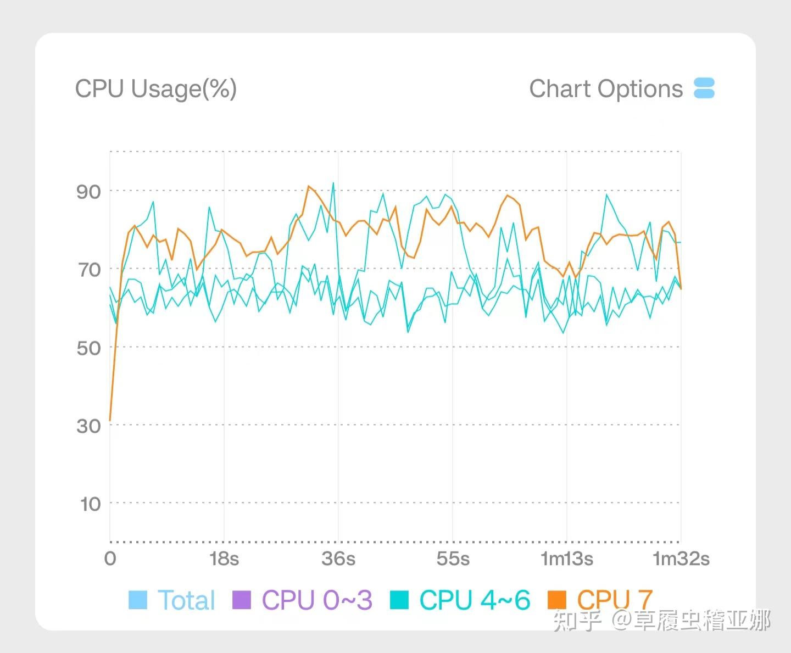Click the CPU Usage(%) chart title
pos(155,89)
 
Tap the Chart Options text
pos(605,89)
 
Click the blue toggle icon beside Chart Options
pos(704,88)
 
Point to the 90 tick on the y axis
pos(89,192)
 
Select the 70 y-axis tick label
pos(89,270)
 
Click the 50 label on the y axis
pos(89,348)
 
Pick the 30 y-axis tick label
pos(89,426)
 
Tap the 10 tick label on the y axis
pos(91,504)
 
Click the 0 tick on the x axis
pos(110,559)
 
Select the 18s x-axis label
pos(224,559)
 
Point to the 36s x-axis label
pos(338,559)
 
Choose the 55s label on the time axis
pos(453,559)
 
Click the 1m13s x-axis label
pos(567,559)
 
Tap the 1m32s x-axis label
pos(681,559)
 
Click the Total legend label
pos(186,600)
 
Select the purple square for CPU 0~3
pos(242,600)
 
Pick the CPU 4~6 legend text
pos(475,600)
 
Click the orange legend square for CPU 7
pos(557,600)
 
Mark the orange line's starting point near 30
pos(110,420)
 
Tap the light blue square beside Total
pos(138,600)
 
